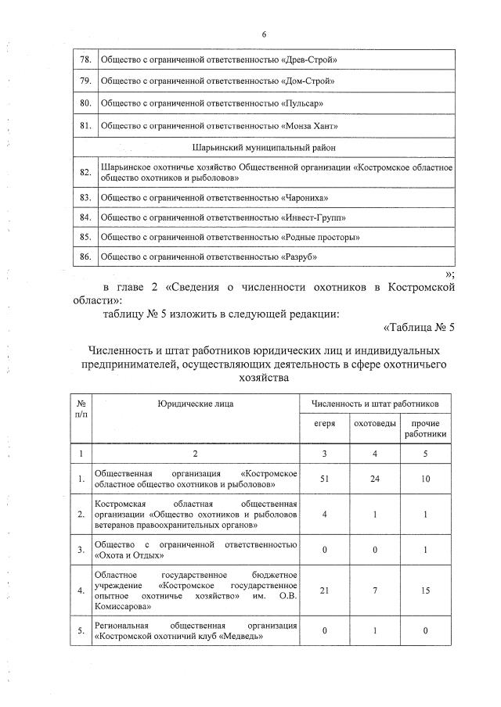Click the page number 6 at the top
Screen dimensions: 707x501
coord(264,34)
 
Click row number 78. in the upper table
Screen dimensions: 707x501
coord(86,59)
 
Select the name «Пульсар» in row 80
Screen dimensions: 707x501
coord(303,103)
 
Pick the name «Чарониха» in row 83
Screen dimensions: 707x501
coord(304,198)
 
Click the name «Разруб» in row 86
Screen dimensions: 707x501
coord(301,256)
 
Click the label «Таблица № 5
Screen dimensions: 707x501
coord(419,327)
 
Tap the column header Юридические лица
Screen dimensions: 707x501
coord(195,403)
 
